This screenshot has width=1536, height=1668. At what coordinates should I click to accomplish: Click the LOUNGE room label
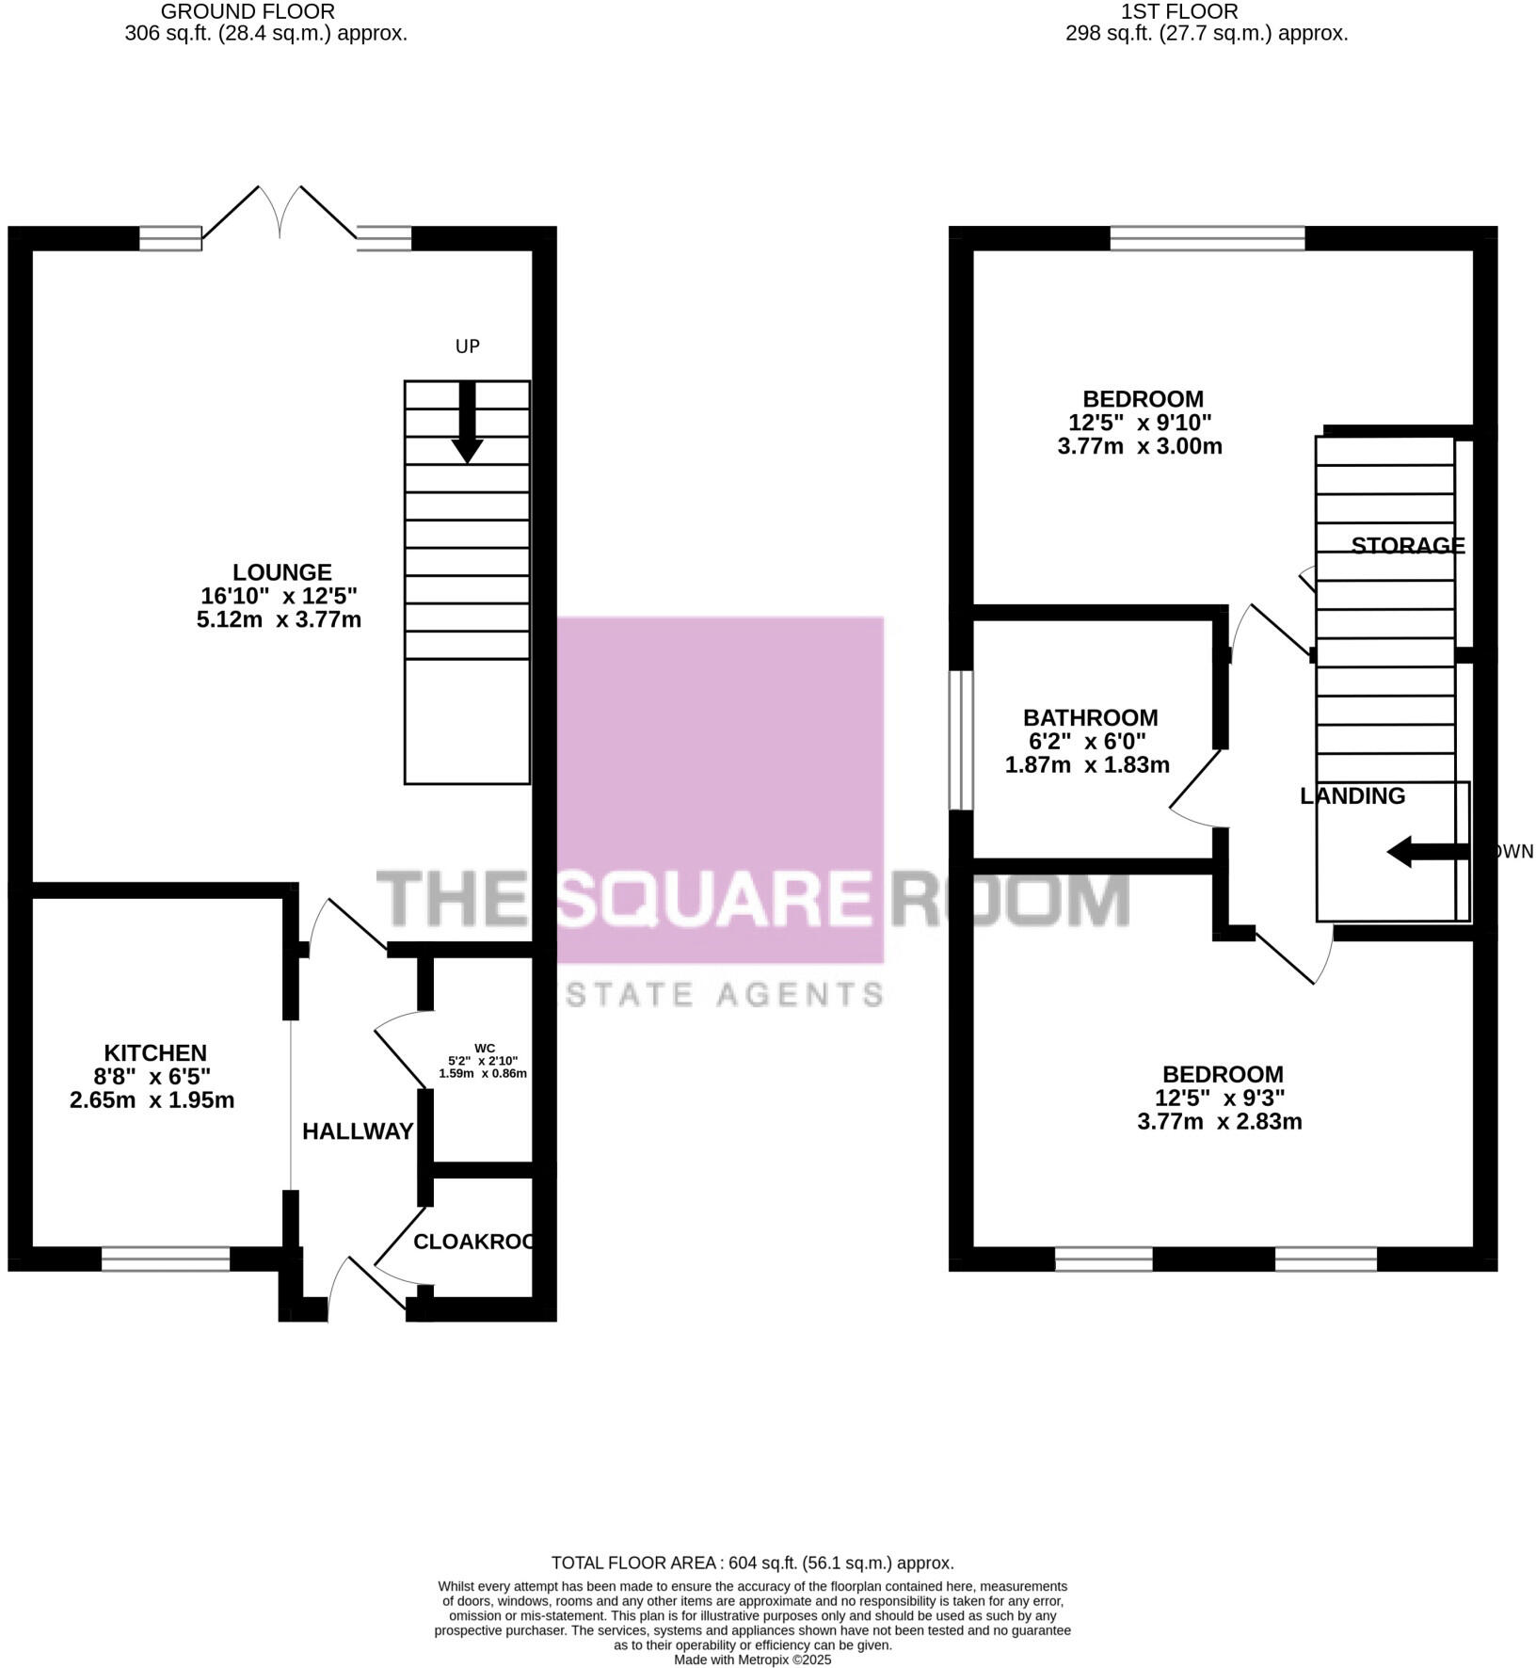tap(281, 572)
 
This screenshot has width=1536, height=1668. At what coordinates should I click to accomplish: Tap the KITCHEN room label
tap(154, 1052)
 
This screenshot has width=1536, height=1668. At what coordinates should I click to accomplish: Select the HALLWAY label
tap(358, 1131)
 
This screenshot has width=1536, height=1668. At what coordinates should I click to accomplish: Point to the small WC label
tap(484, 1048)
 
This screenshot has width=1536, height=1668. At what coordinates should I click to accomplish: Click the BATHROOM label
tap(1090, 717)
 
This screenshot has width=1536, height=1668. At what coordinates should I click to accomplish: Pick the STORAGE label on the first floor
tap(1407, 546)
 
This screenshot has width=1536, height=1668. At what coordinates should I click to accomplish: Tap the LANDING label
tap(1352, 796)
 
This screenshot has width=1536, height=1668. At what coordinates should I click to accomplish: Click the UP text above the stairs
tap(467, 346)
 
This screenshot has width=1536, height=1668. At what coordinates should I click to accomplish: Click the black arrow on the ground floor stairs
tap(467, 424)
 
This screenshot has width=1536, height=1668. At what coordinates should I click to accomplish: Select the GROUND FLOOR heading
tap(248, 12)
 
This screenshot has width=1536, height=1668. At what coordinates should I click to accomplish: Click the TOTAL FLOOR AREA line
tap(752, 1563)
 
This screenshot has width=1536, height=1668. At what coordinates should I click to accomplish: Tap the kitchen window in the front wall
tap(166, 1259)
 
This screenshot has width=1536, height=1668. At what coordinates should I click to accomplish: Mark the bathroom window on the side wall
tap(960, 740)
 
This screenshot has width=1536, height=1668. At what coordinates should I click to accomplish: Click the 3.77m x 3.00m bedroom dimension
tap(1139, 446)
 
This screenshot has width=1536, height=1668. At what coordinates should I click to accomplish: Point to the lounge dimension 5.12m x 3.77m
tap(279, 619)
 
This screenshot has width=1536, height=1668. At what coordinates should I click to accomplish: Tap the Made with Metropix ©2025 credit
tap(752, 1660)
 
